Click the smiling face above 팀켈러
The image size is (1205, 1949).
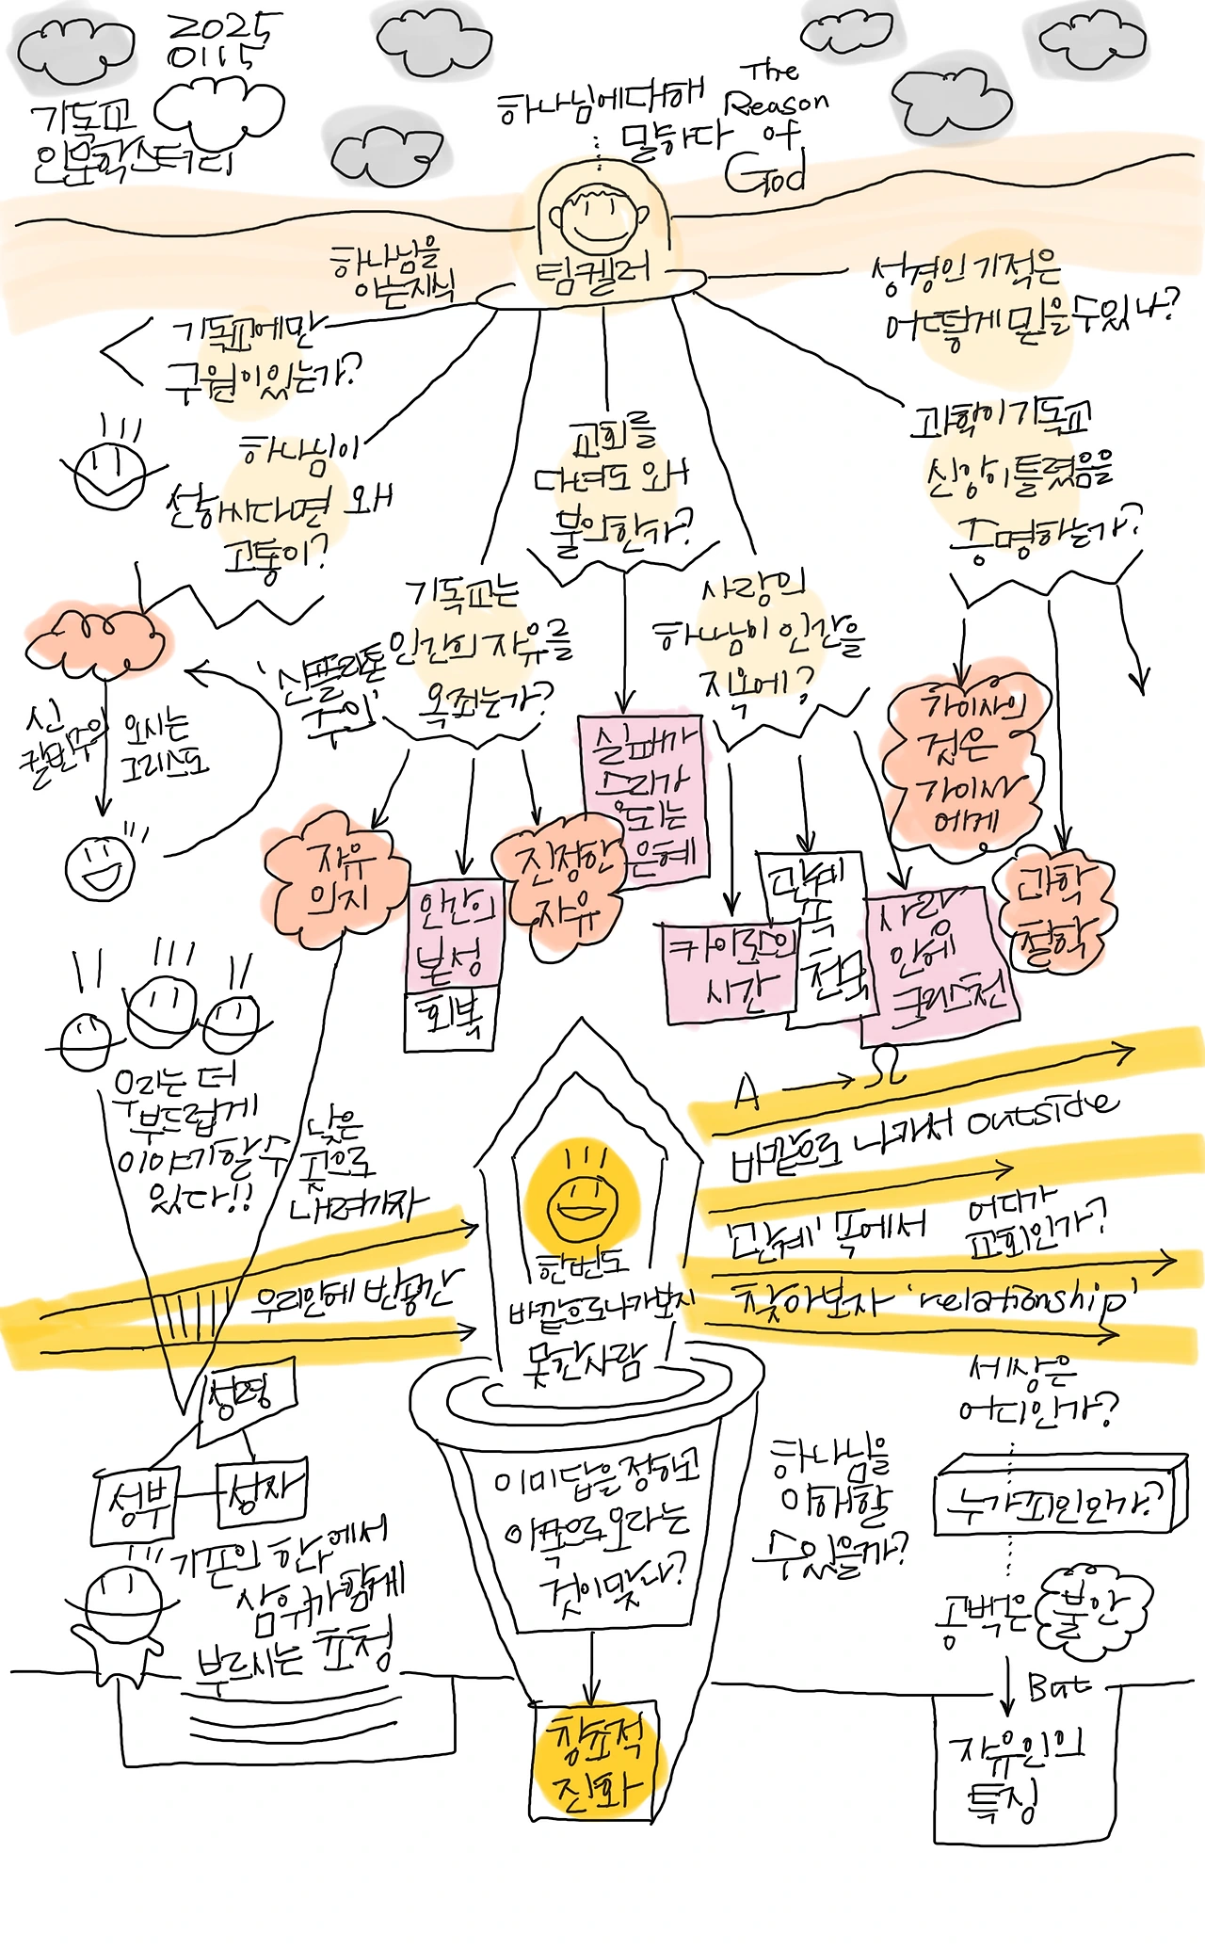coord(599,218)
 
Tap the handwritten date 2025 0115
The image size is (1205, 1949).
coord(223,41)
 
